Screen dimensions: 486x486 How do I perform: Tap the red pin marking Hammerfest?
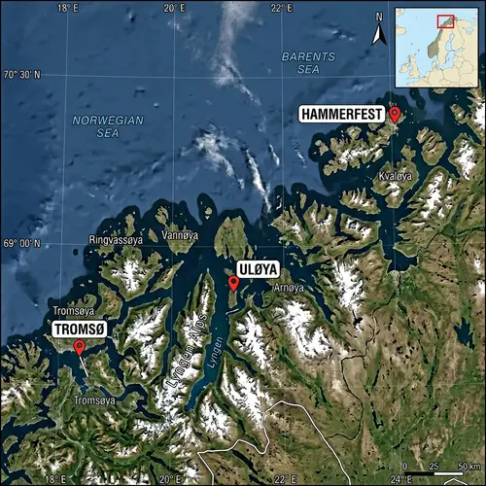point(394,116)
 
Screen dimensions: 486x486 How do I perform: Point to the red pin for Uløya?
point(233,283)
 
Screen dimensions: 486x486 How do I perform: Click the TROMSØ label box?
point(82,329)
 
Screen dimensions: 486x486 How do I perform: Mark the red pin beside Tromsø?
point(79,347)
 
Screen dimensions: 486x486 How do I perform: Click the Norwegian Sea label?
point(108,126)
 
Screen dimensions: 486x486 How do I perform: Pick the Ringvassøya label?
point(116,237)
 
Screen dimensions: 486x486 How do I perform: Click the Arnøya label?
point(289,288)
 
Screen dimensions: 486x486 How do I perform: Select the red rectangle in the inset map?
point(445,20)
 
